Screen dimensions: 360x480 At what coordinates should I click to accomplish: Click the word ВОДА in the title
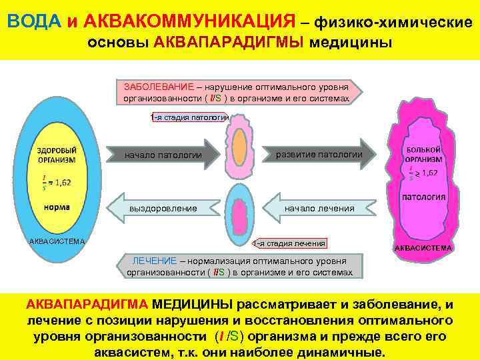coord(34,21)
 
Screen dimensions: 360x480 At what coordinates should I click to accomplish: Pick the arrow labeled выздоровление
coord(163,208)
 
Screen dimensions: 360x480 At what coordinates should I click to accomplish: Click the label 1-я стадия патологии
coord(190,117)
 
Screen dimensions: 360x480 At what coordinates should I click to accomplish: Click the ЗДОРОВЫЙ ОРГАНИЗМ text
coord(57,155)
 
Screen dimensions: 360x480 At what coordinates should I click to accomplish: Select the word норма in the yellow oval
coord(57,207)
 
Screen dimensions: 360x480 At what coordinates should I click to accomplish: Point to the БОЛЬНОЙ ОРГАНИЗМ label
coord(423,155)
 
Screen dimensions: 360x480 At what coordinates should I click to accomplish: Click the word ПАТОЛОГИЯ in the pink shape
coord(423,197)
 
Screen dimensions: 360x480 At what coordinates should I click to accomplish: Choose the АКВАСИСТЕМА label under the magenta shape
coord(423,248)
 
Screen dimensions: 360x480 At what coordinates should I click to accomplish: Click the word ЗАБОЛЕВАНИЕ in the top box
coord(155,87)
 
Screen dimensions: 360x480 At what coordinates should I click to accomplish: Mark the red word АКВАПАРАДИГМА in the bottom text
coord(87,305)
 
